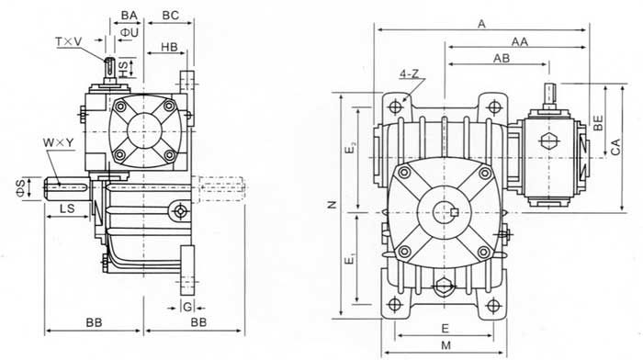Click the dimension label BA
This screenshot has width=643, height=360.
pyautogui.click(x=129, y=16)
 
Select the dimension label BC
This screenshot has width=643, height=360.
pyautogui.click(x=171, y=16)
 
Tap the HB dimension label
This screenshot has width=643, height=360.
pyautogui.click(x=169, y=47)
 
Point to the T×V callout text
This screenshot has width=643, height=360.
pyautogui.click(x=69, y=41)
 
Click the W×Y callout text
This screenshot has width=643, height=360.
pyautogui.click(x=59, y=143)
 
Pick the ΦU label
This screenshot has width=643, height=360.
pyautogui.click(x=130, y=32)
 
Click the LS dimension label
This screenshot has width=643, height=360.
pyautogui.click(x=68, y=208)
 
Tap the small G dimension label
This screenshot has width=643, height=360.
pyautogui.click(x=187, y=307)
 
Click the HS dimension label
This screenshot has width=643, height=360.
pyautogui.click(x=123, y=68)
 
